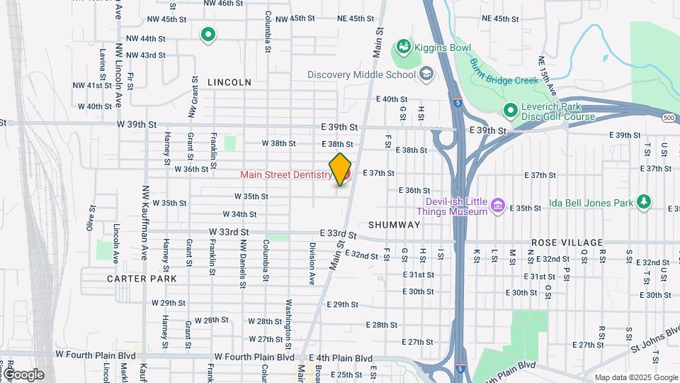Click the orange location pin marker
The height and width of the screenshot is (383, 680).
click(x=341, y=169)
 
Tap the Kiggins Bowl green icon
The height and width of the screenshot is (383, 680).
click(x=403, y=47)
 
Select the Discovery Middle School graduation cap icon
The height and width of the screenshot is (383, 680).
click(x=426, y=74)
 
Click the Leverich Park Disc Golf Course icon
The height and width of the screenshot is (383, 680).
click(x=509, y=111)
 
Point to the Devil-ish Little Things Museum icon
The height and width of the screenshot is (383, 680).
click(x=498, y=206)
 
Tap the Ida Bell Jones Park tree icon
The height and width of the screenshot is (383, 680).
click(x=643, y=202)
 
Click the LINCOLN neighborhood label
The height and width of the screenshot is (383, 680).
click(x=229, y=82)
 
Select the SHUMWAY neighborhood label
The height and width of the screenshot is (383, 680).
click(x=395, y=224)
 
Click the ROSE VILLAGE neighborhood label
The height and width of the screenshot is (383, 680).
click(x=571, y=243)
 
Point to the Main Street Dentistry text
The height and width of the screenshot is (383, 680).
click(x=285, y=174)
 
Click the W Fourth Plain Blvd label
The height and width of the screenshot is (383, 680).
click(x=254, y=357)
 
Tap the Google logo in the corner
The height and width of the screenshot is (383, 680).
click(x=23, y=374)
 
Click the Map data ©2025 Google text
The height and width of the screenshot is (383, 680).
click(x=635, y=377)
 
